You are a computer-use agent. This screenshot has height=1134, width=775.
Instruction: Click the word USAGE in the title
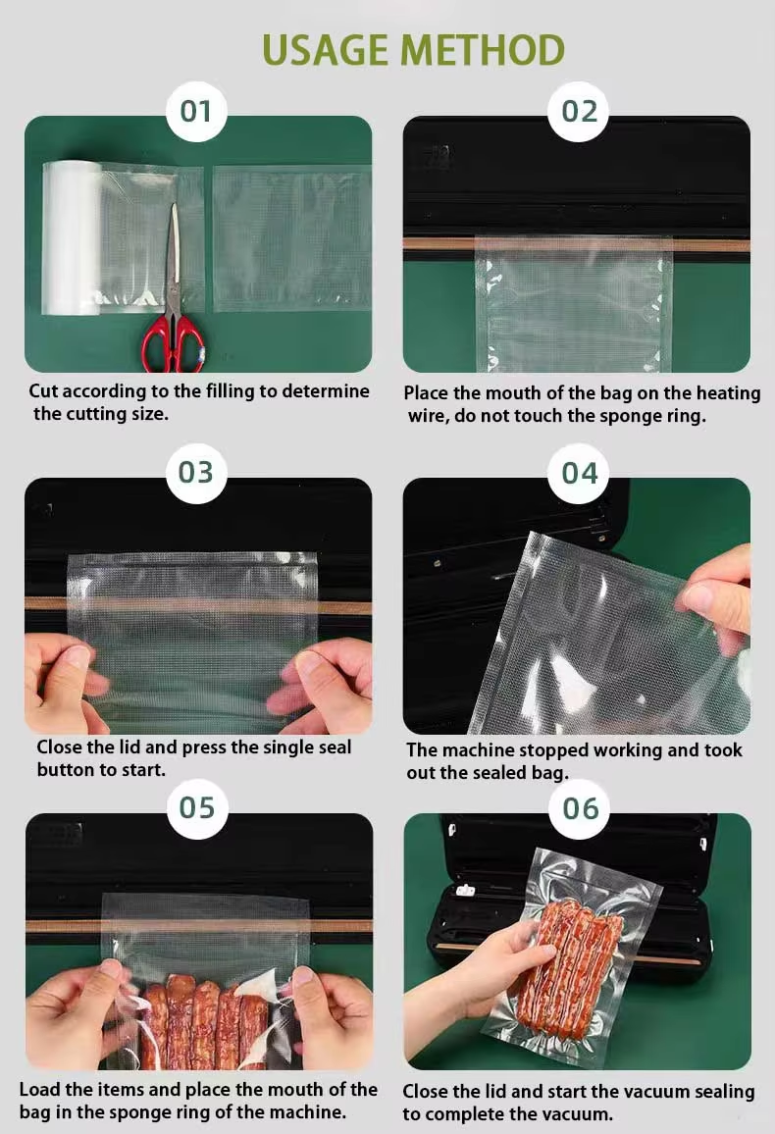(x=327, y=50)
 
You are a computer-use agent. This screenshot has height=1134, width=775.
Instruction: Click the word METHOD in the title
(x=483, y=50)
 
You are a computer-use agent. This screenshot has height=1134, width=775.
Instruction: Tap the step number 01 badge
(x=196, y=112)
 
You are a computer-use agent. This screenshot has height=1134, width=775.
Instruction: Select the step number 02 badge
(x=579, y=112)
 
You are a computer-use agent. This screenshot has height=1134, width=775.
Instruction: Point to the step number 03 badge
(x=196, y=472)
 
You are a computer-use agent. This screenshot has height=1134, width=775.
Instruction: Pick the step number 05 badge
(x=196, y=808)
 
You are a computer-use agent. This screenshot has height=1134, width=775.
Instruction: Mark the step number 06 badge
(x=581, y=808)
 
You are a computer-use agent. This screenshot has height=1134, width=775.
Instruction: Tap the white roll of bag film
(x=72, y=238)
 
